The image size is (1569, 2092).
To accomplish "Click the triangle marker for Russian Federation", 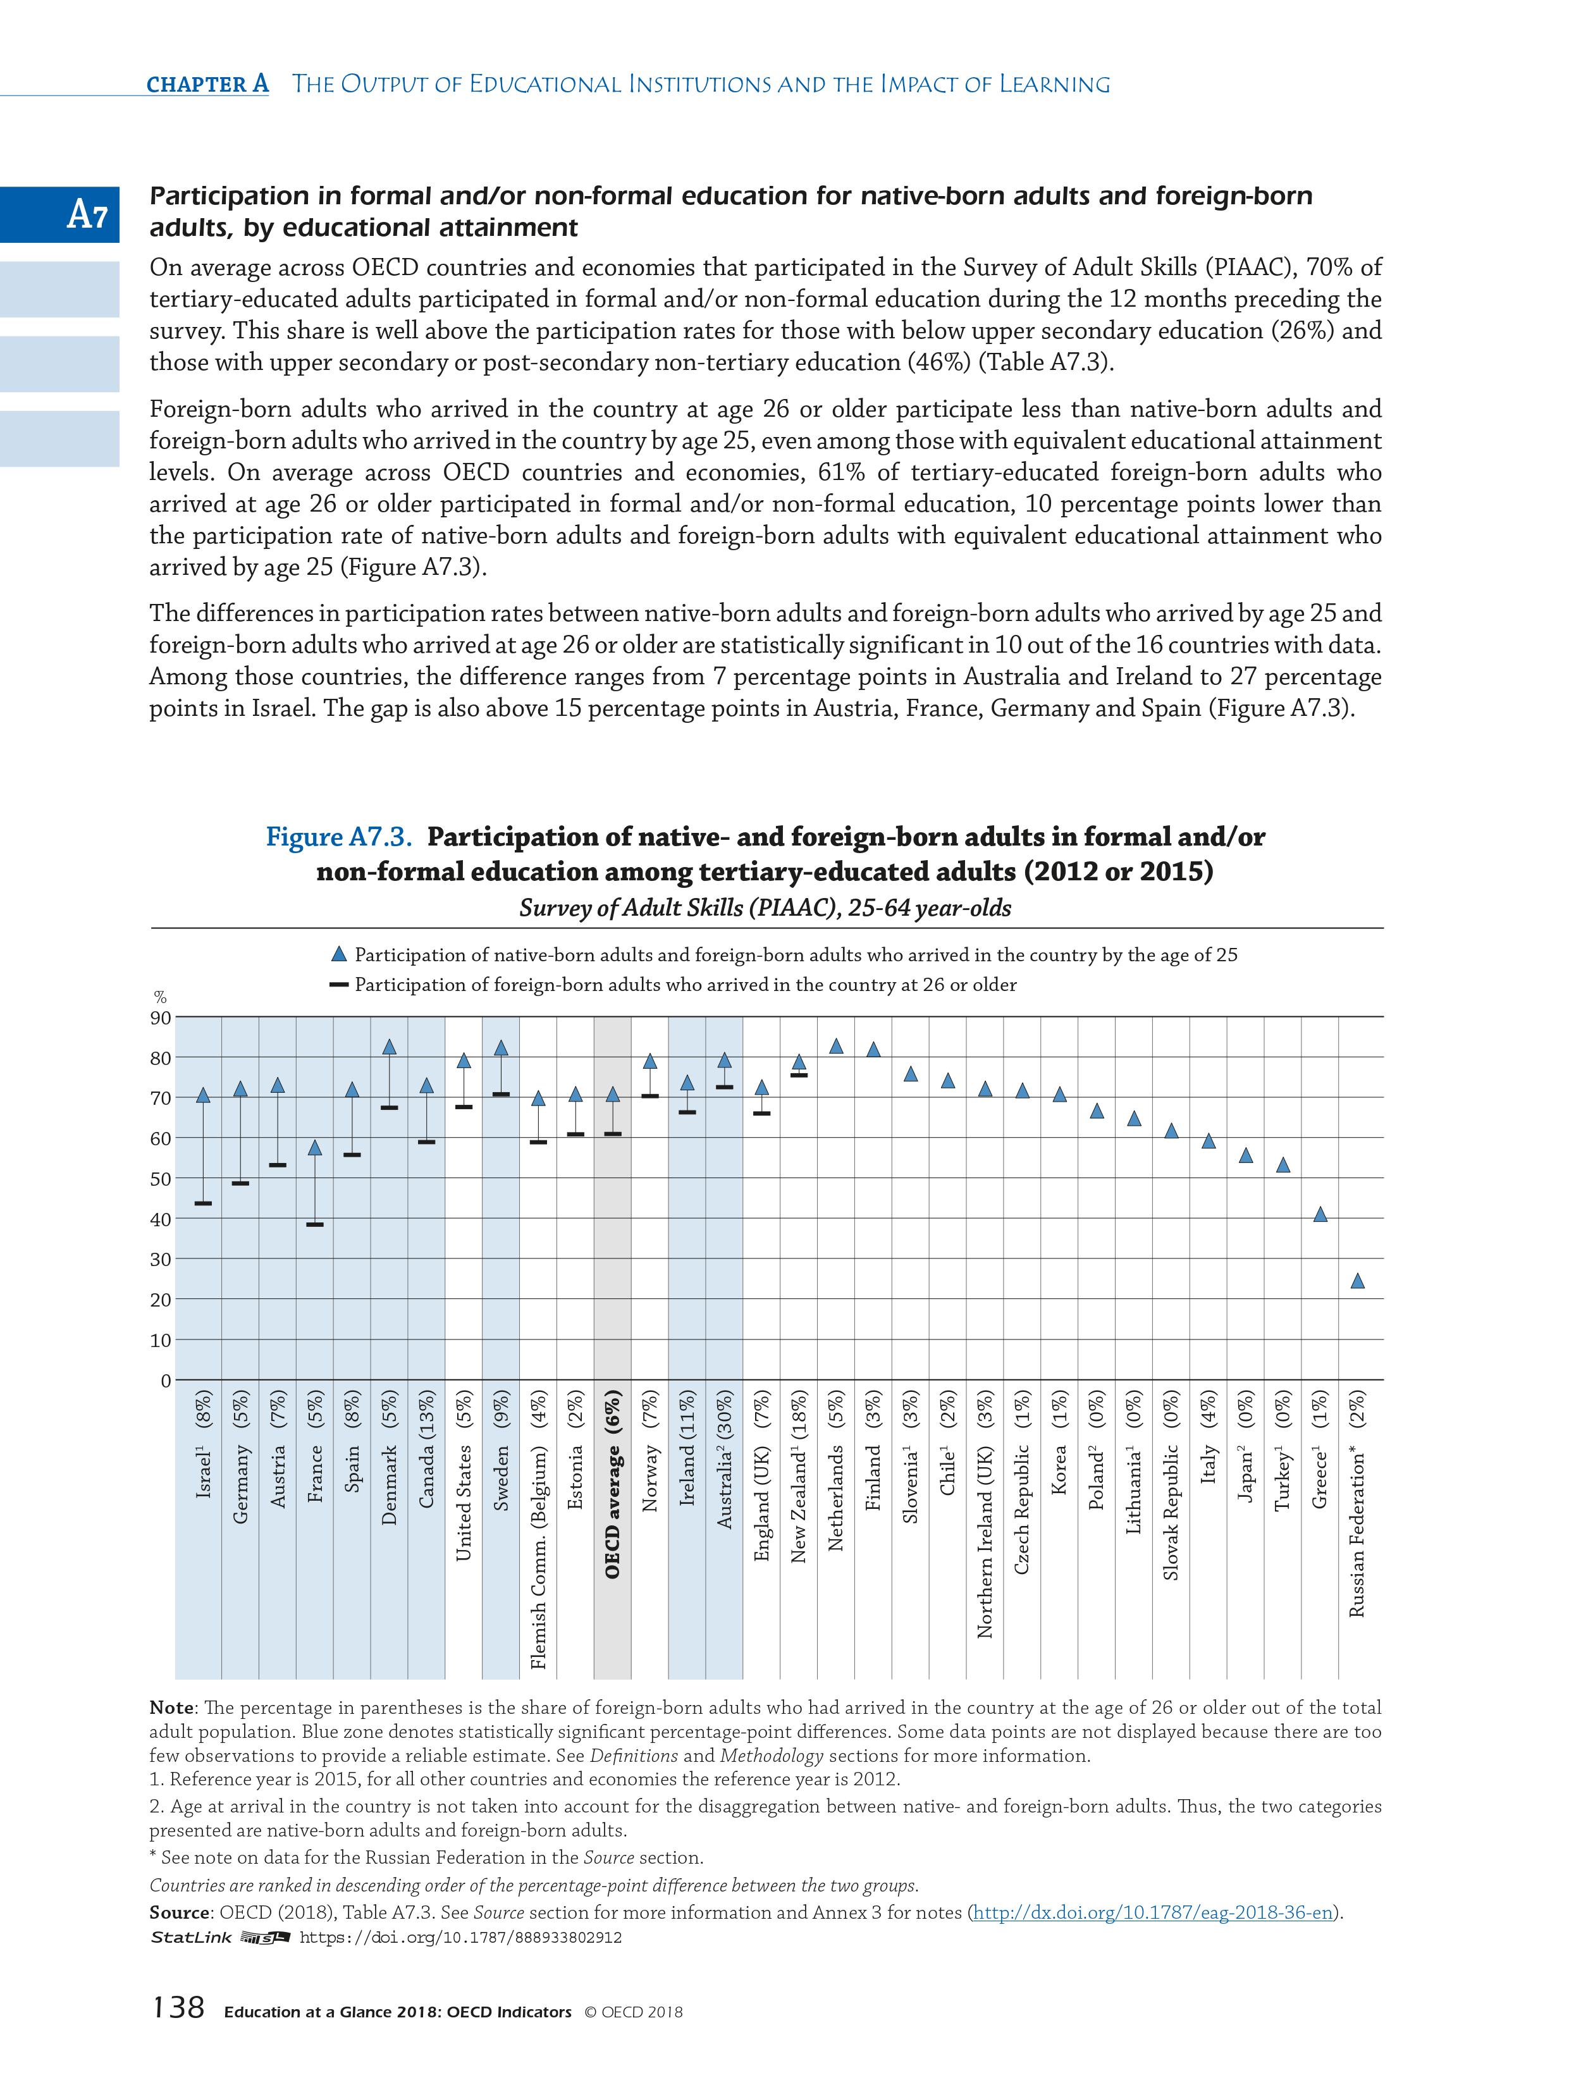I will click(1357, 1281).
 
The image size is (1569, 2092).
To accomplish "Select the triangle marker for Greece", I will click(1320, 1214).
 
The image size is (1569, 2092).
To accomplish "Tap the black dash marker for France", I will click(315, 1225).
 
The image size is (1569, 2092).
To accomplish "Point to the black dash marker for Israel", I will click(202, 1203).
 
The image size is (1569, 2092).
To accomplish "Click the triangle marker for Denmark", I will click(389, 1047).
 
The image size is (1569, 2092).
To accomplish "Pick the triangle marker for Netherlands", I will click(836, 1046).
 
